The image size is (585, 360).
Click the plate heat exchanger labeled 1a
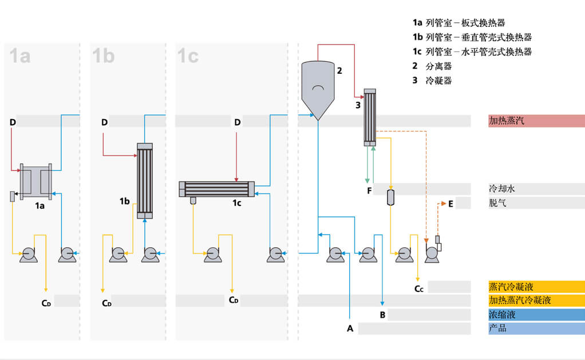[x=35, y=181]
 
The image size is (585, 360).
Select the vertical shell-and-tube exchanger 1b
[x=145, y=180]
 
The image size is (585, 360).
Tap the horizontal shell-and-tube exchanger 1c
[x=216, y=189]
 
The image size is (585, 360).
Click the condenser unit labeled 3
[x=370, y=117]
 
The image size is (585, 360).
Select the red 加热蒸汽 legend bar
[x=536, y=121]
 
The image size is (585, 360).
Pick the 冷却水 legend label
[x=497, y=188]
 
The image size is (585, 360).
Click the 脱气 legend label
[x=497, y=203]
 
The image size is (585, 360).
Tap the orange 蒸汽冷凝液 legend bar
[x=536, y=287]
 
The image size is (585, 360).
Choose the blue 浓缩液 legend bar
[x=536, y=315]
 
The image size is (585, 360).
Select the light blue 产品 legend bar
[x=536, y=329]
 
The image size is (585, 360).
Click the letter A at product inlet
[x=350, y=329]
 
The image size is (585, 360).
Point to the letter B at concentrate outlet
[x=382, y=315]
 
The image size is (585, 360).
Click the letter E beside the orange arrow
[x=451, y=203]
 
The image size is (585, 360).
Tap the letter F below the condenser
[x=370, y=190]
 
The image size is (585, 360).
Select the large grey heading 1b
[x=104, y=56]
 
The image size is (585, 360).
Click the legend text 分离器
[x=438, y=66]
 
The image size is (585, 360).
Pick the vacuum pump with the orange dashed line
[x=433, y=251]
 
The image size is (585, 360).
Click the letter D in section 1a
[x=13, y=122]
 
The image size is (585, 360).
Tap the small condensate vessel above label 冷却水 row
[x=390, y=197]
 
